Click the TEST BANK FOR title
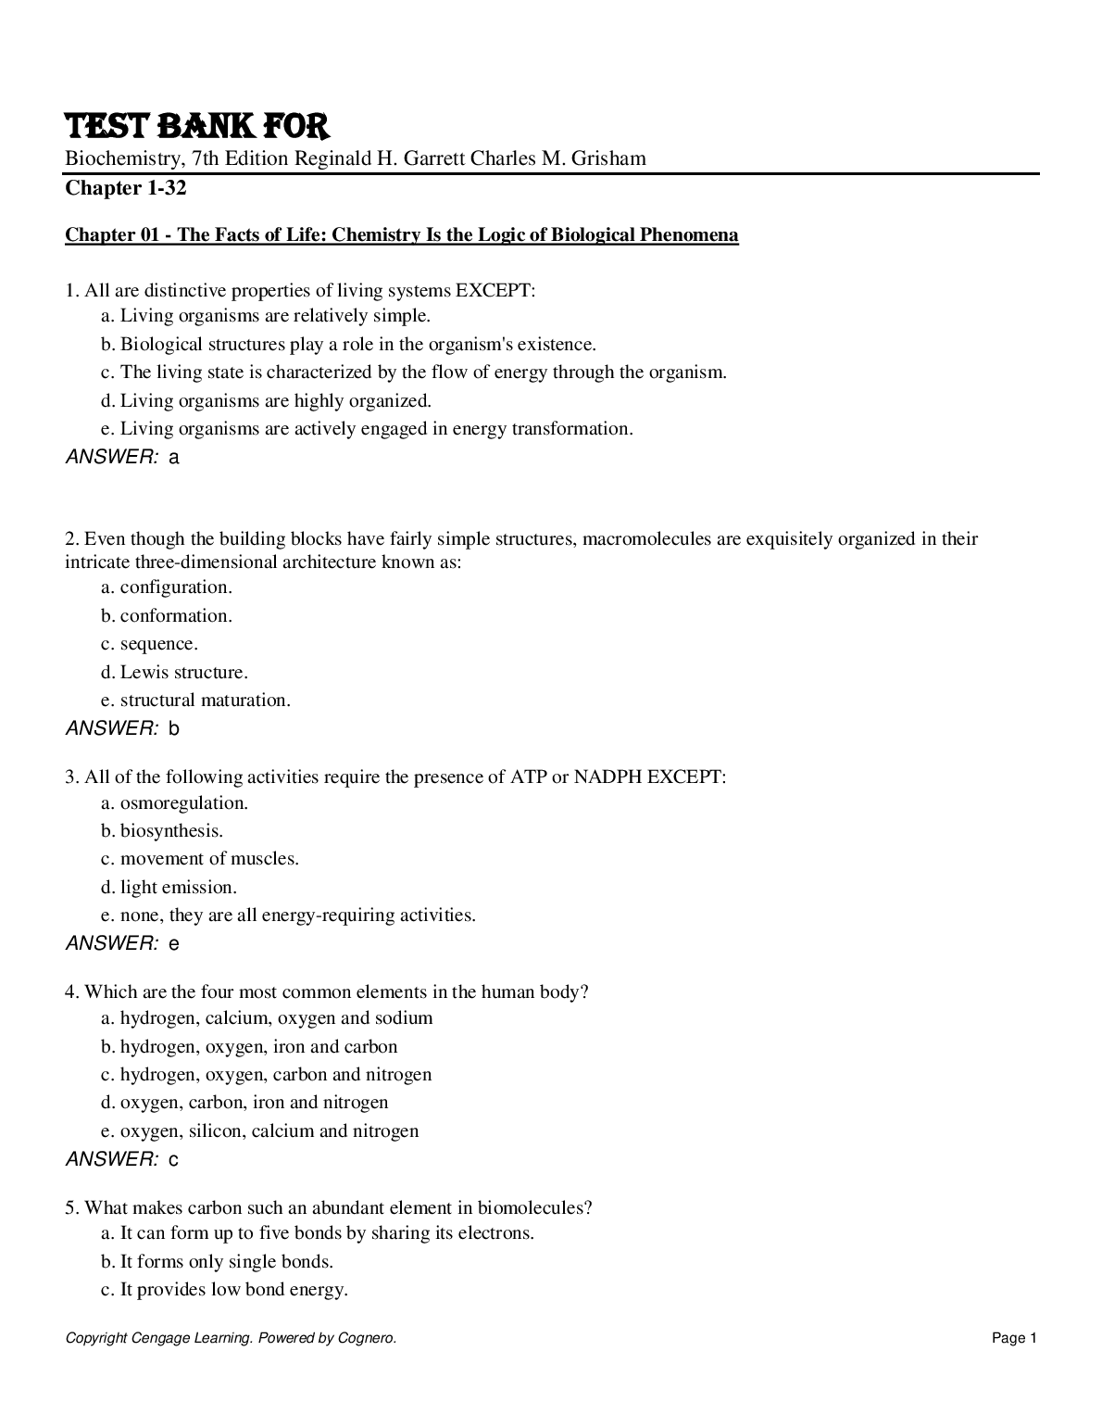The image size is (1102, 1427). [x=196, y=127]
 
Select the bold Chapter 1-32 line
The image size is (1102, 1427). [x=125, y=189]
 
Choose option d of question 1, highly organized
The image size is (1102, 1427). [x=266, y=401]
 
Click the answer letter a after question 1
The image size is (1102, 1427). [x=174, y=457]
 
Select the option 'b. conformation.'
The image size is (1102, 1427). [x=167, y=616]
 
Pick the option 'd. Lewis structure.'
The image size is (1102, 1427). [x=174, y=673]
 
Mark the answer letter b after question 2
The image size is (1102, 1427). [x=174, y=729]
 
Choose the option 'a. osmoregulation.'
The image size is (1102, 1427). [x=174, y=803]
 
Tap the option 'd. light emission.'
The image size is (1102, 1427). [x=169, y=888]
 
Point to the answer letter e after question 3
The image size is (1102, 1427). [x=174, y=944]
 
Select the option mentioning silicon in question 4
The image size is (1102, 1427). [x=259, y=1131]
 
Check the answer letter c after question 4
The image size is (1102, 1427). [x=174, y=1159]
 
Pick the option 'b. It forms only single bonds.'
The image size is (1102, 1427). [x=217, y=1262]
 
